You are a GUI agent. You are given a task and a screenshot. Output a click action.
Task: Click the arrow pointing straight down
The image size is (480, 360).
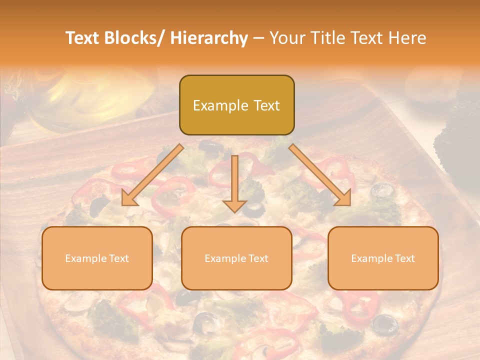pyautogui.click(x=234, y=183)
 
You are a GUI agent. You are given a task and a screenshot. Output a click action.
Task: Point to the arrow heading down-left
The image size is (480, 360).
pyautogui.click(x=152, y=175)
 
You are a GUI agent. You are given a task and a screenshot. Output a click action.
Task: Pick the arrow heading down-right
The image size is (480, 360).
pyautogui.click(x=320, y=175)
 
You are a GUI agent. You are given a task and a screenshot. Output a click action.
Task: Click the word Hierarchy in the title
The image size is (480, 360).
pyautogui.click(x=208, y=38)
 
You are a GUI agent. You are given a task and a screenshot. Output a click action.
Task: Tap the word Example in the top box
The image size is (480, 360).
pyautogui.click(x=220, y=106)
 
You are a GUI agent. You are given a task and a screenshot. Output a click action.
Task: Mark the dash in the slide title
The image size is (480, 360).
pyautogui.click(x=258, y=38)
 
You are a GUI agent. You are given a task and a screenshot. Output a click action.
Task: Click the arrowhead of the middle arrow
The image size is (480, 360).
pyautogui.click(x=234, y=205)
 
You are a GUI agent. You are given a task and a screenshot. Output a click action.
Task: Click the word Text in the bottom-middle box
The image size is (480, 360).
pyautogui.click(x=257, y=258)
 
